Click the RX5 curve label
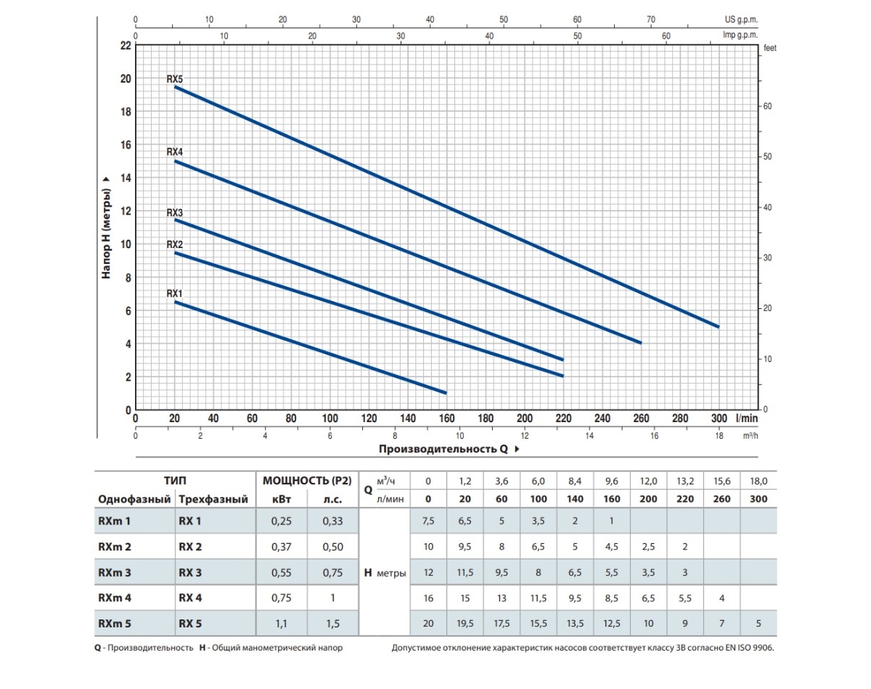(174, 80)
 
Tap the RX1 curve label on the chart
(174, 294)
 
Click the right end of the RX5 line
(718, 326)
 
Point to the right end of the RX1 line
(445, 392)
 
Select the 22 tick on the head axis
(124, 45)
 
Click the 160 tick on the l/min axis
(446, 418)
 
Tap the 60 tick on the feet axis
(768, 107)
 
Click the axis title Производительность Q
(443, 449)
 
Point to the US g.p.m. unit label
(740, 20)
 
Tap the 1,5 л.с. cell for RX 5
(332, 623)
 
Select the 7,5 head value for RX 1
(428, 521)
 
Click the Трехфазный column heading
(213, 500)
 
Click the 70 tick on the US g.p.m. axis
(651, 20)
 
